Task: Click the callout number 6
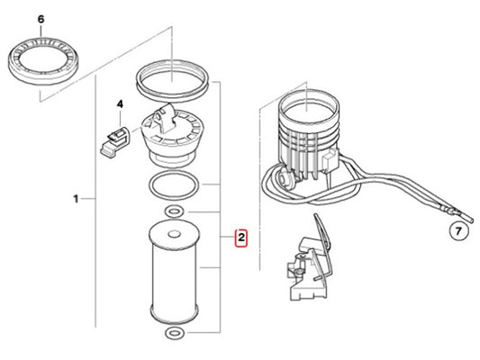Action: click(x=41, y=19)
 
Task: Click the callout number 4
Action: click(x=120, y=104)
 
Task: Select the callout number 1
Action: click(x=76, y=199)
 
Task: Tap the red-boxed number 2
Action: click(x=241, y=238)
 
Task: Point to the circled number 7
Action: click(x=458, y=231)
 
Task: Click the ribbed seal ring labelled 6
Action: click(x=44, y=61)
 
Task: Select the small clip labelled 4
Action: click(x=114, y=140)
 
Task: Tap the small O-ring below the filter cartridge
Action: click(x=174, y=332)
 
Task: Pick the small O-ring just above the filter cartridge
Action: click(x=174, y=211)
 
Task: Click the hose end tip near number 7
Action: click(x=471, y=220)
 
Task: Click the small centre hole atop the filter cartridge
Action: click(x=174, y=235)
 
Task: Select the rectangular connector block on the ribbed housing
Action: click(x=330, y=159)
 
